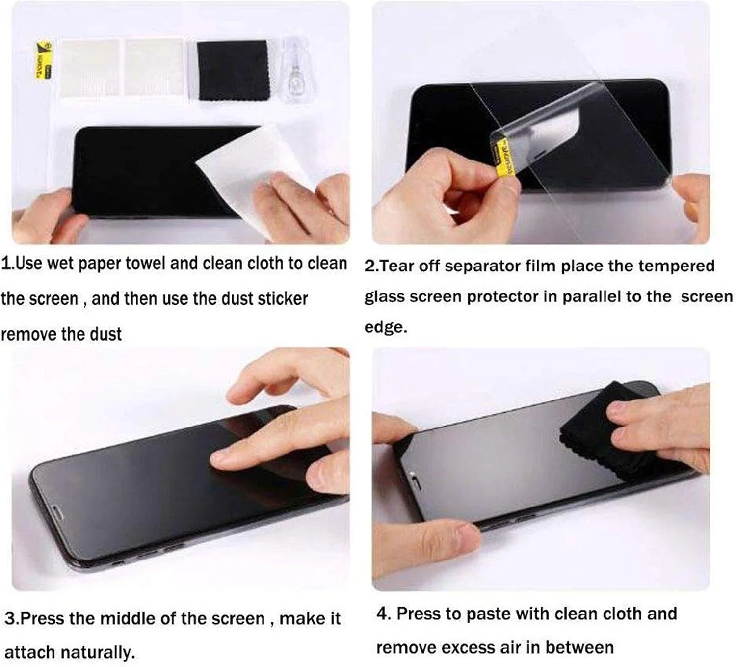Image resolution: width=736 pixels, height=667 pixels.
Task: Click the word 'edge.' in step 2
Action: [386, 327]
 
